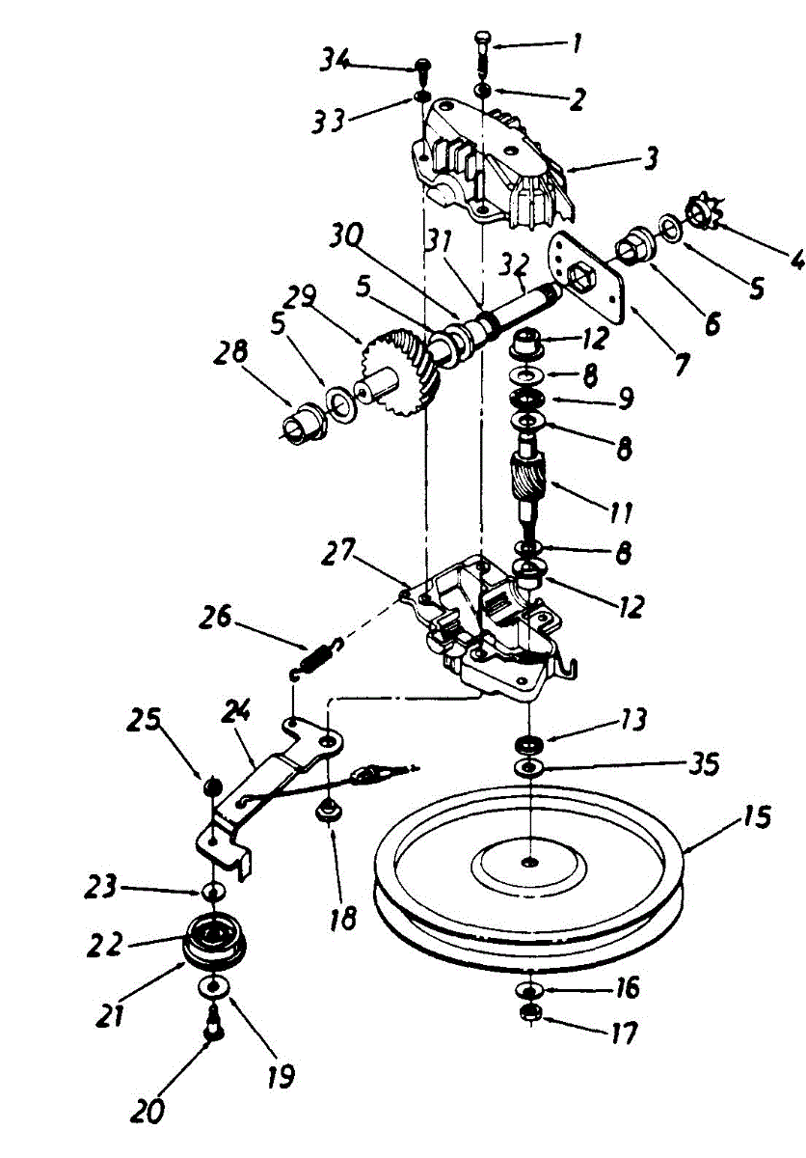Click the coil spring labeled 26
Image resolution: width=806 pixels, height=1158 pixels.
pos(314,657)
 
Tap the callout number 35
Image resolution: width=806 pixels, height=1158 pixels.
pos(707,764)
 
